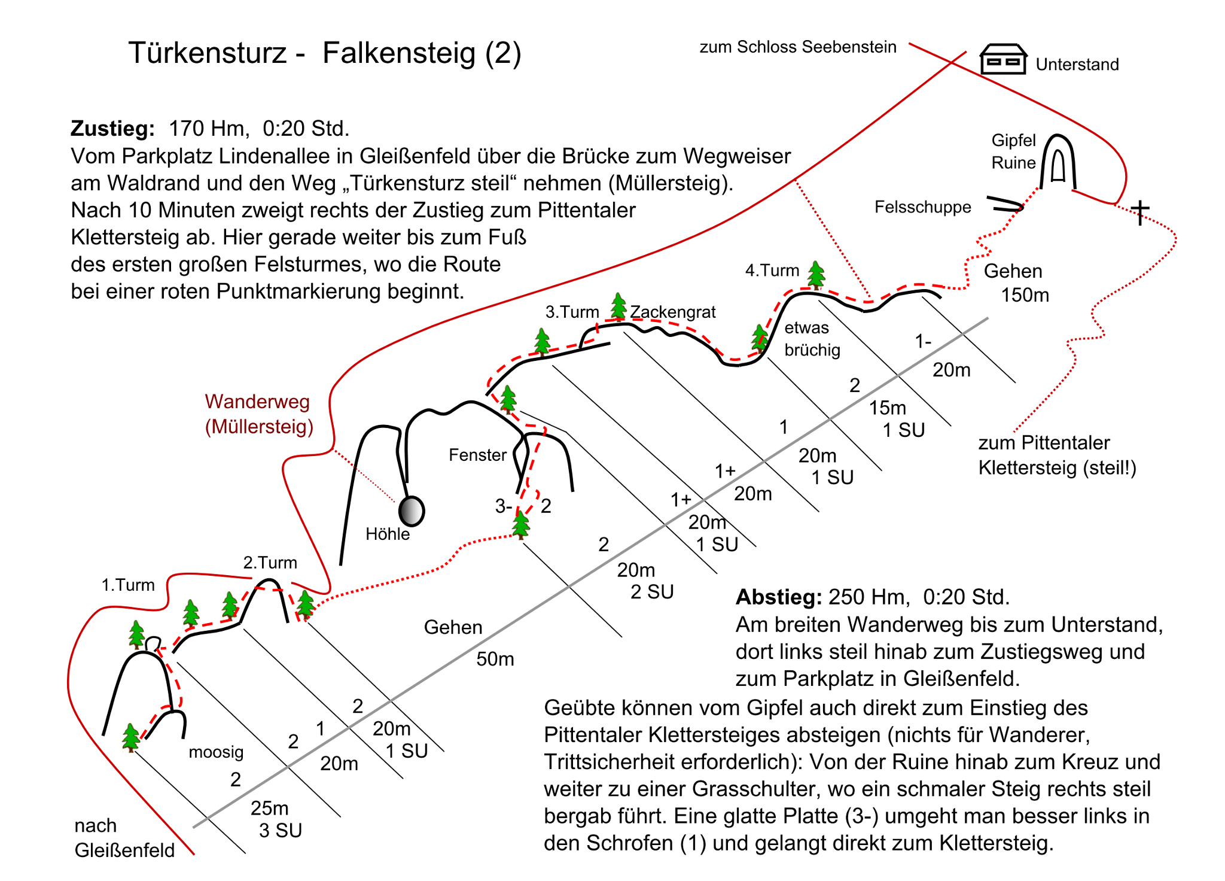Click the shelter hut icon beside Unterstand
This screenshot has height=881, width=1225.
(x=1003, y=59)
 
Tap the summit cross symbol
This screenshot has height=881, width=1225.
(x=1140, y=212)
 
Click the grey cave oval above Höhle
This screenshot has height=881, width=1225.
(x=412, y=511)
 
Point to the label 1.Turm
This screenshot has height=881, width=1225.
(x=128, y=585)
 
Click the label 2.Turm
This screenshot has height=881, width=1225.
(x=270, y=563)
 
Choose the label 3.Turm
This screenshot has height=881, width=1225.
(x=572, y=312)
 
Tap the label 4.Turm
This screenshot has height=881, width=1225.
(x=772, y=271)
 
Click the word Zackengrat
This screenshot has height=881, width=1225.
(x=673, y=312)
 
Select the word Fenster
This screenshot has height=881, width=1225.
(x=477, y=455)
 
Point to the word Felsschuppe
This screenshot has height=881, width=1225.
(x=922, y=207)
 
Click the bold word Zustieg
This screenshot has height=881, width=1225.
(x=112, y=129)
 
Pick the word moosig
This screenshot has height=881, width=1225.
(x=216, y=752)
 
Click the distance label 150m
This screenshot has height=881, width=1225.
(x=1025, y=295)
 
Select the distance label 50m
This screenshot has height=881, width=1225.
(x=495, y=659)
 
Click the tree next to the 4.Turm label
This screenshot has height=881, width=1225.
(x=816, y=275)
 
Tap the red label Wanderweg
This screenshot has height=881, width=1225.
(x=257, y=402)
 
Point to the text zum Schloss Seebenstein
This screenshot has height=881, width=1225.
(x=798, y=47)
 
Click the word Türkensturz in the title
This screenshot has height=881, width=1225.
(x=207, y=53)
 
